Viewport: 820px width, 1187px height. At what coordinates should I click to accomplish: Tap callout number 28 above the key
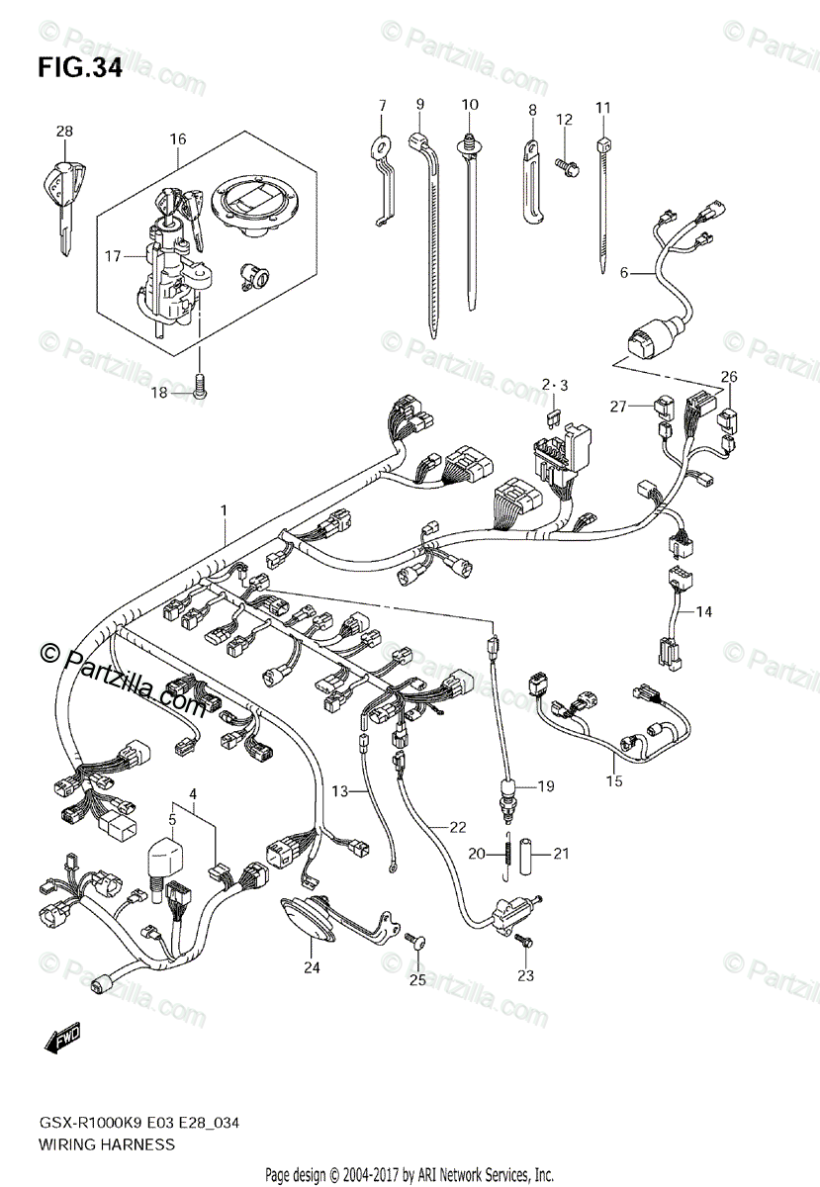pos(64,131)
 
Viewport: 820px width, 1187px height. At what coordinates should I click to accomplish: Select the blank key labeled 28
pos(61,193)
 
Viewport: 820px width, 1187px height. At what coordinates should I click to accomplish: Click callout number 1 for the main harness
pos(225,509)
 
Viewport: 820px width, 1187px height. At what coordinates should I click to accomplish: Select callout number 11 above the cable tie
pos(602,107)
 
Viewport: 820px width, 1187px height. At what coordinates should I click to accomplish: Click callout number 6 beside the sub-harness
pos(624,271)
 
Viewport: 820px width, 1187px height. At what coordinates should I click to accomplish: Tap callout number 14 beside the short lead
pos(703,612)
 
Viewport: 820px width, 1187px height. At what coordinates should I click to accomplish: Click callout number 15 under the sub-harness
pos(614,781)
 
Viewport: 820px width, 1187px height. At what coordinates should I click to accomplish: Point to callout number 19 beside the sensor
pos(546,786)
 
